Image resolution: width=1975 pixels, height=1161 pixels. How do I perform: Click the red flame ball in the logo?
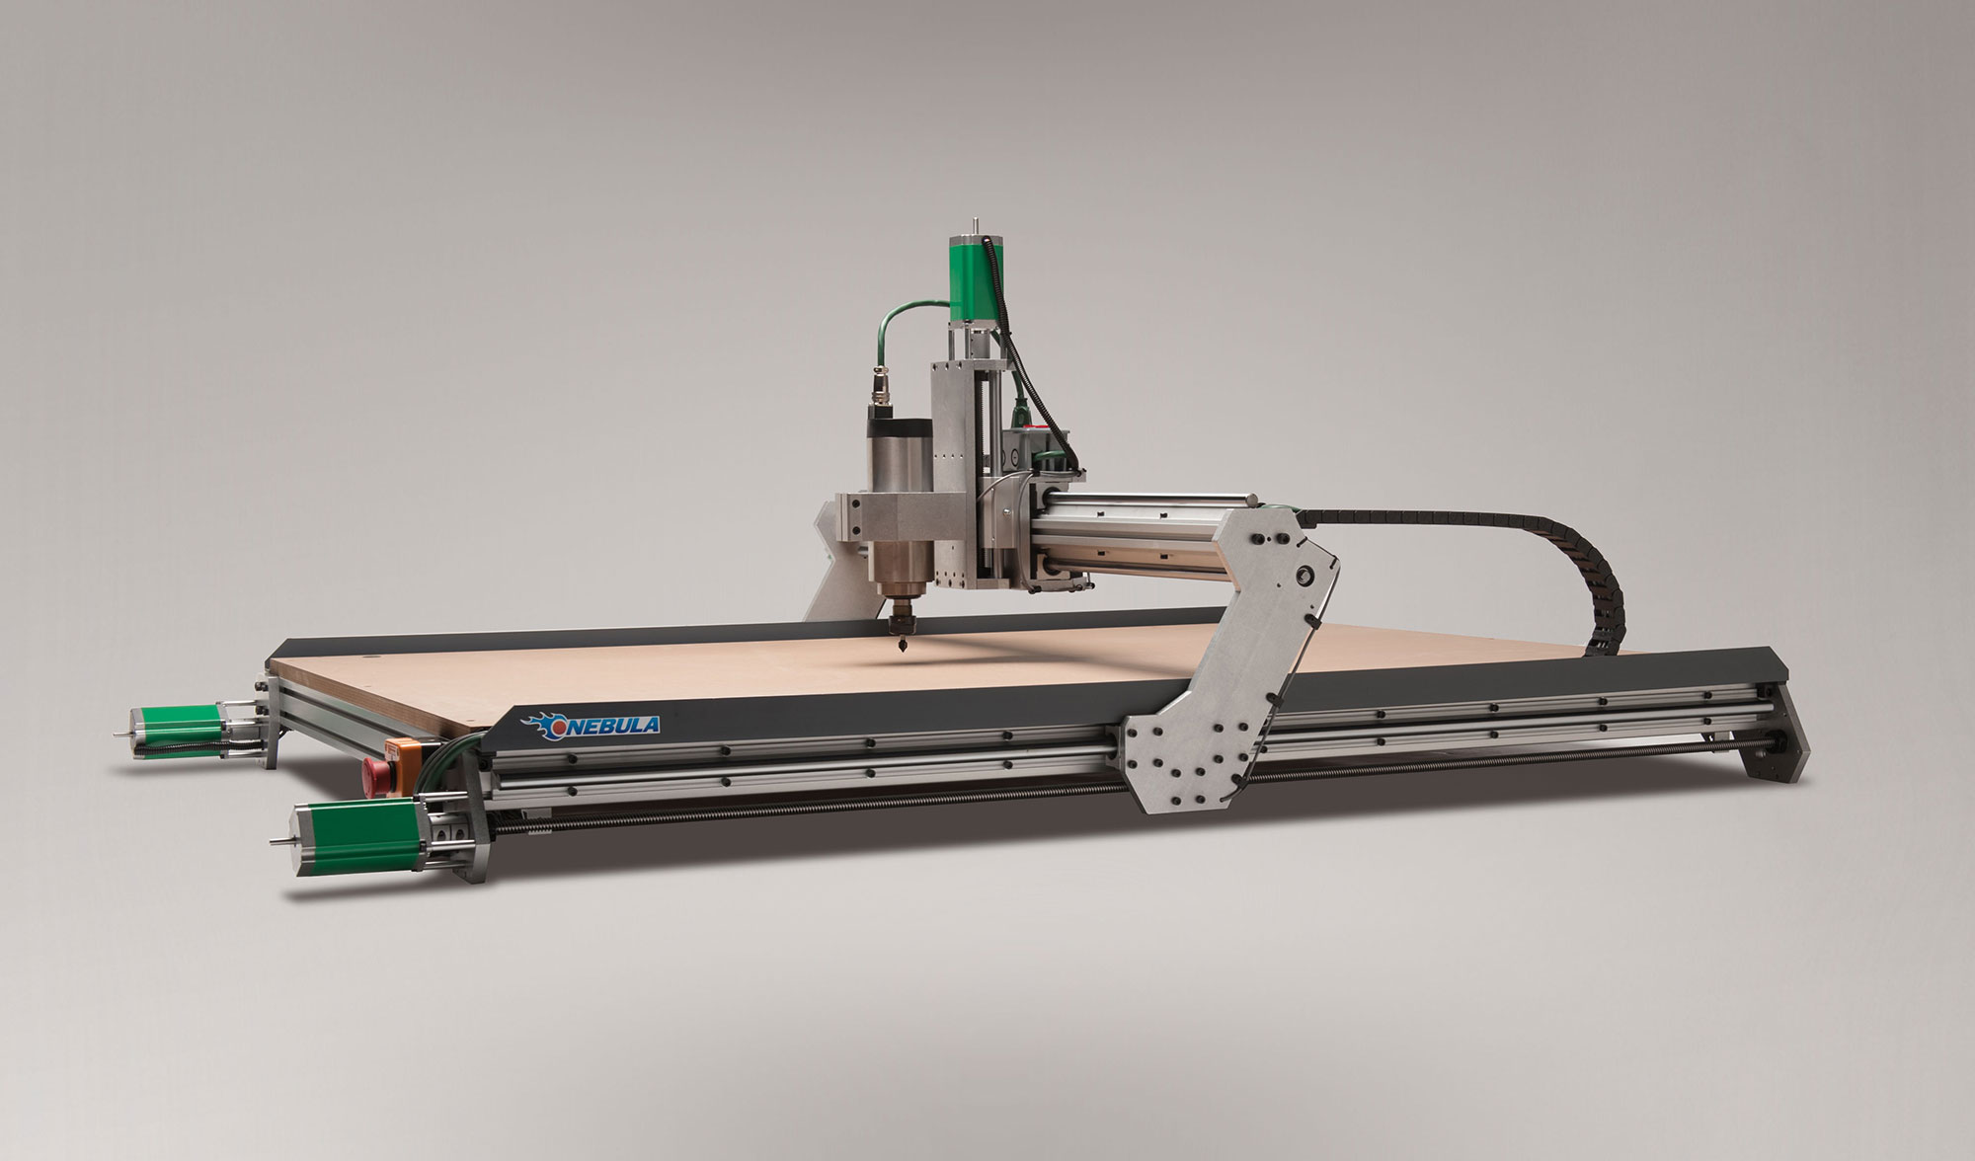tap(558, 725)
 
